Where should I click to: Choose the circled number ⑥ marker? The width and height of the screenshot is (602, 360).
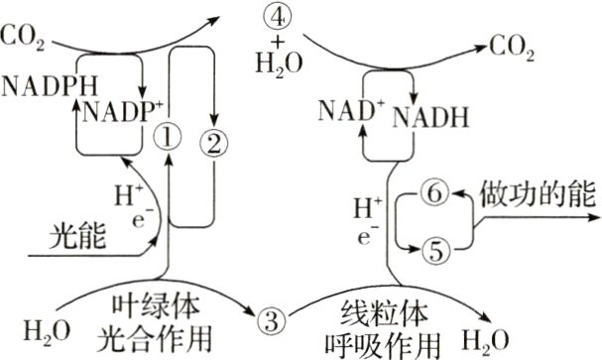point(435,193)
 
